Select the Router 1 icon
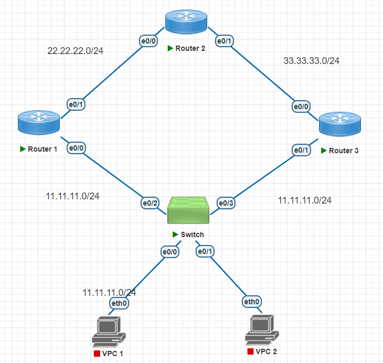pyautogui.click(x=38, y=122)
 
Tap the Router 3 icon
pyautogui.click(x=340, y=123)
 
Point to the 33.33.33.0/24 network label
pyautogui.click(x=311, y=61)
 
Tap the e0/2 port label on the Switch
pyautogui.click(x=150, y=202)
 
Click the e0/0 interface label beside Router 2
pyautogui.click(x=147, y=39)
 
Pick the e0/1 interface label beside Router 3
pyautogui.click(x=301, y=150)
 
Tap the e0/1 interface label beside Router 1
pyautogui.click(x=77, y=104)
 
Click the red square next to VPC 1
pyautogui.click(x=97, y=354)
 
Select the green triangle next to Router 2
pyautogui.click(x=170, y=48)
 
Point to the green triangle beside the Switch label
pyautogui.click(x=175, y=234)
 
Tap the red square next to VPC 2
pyautogui.click(x=251, y=351)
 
